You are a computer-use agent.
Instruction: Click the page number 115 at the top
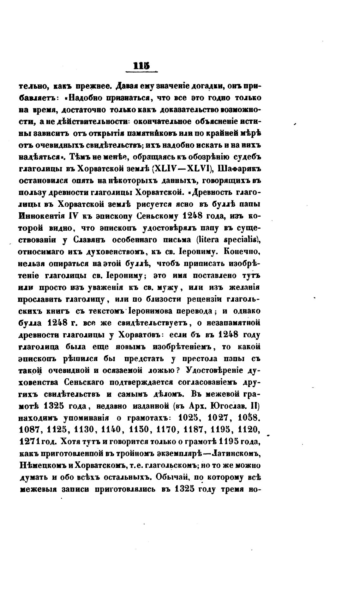[x=141, y=67]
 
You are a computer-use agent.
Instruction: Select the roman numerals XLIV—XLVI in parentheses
[x=180, y=169]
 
